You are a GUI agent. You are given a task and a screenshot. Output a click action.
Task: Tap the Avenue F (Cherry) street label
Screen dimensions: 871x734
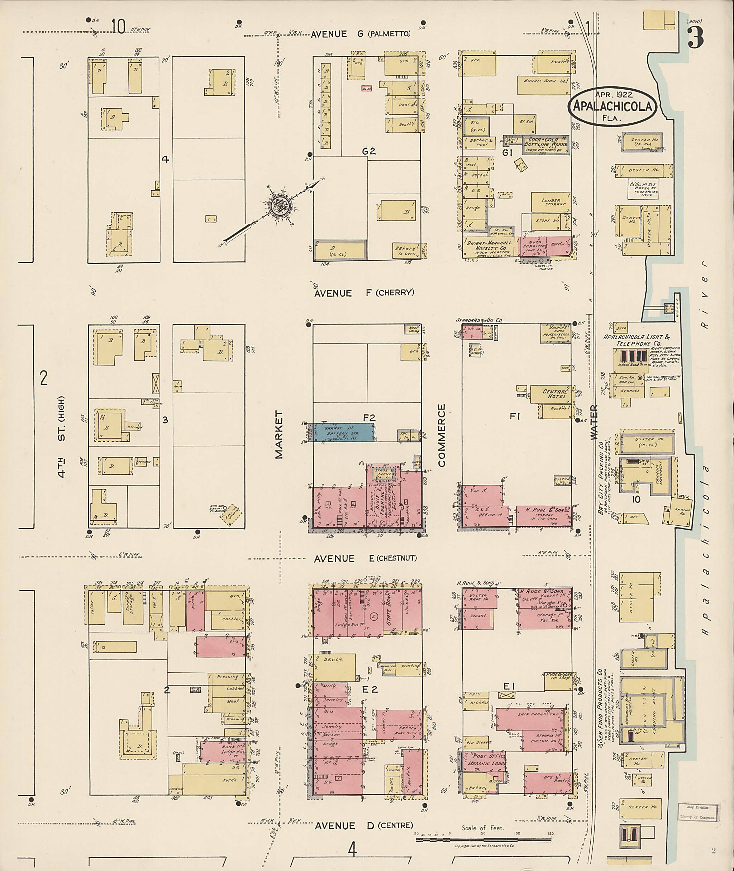[x=364, y=293]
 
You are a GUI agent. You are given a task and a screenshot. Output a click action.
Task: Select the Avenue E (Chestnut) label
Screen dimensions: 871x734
[x=365, y=558]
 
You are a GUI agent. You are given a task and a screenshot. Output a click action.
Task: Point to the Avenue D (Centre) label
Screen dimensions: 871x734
[x=363, y=825]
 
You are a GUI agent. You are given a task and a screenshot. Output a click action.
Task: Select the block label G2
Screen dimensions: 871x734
[x=369, y=152]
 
